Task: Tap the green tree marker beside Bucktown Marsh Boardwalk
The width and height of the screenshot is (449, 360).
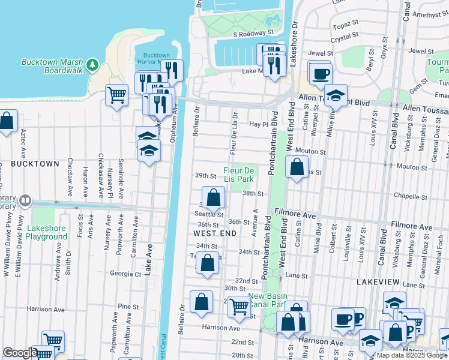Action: pos(92,64)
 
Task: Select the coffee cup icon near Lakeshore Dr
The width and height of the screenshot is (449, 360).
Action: pos(321,74)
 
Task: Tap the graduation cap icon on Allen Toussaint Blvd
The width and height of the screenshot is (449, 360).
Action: pos(336,96)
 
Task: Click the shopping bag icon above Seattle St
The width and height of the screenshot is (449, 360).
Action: pos(213,197)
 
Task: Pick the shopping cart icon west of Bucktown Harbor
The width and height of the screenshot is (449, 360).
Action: pos(116,95)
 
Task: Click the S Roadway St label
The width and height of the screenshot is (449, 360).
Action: pos(253,34)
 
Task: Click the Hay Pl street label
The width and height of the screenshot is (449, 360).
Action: pos(257,124)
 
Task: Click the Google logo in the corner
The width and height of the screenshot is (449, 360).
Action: pos(19,353)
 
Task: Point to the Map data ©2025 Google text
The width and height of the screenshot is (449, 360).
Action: pos(412,355)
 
